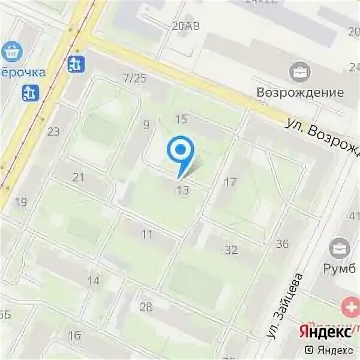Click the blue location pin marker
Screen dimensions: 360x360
click(180, 152)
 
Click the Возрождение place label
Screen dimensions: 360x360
click(300, 92)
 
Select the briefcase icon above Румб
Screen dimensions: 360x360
click(341, 247)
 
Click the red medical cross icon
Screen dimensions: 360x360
click(348, 308)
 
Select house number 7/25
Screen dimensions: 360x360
click(134, 79)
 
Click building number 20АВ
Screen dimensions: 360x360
click(185, 26)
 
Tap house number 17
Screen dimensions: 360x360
click(230, 182)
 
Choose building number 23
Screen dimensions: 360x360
click(53, 131)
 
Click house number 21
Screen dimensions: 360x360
click(79, 177)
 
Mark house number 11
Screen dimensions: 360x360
click(147, 235)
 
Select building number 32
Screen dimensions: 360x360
click(231, 250)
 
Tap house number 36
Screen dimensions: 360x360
click(282, 244)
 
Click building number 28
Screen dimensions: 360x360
click(146, 307)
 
